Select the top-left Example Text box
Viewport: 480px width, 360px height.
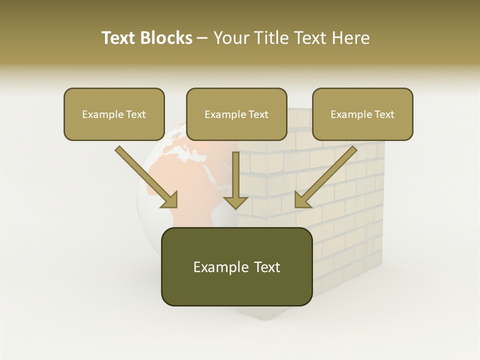pyautogui.click(x=114, y=114)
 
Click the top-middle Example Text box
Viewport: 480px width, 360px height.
pyautogui.click(x=236, y=114)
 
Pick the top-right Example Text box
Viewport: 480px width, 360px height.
pyautogui.click(x=362, y=114)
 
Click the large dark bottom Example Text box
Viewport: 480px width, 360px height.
pyautogui.click(x=236, y=266)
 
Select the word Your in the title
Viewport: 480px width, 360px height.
pyautogui.click(x=229, y=38)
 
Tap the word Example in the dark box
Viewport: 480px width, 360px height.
pyautogui.click(x=220, y=266)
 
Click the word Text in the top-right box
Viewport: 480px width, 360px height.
pyautogui.click(x=384, y=114)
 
